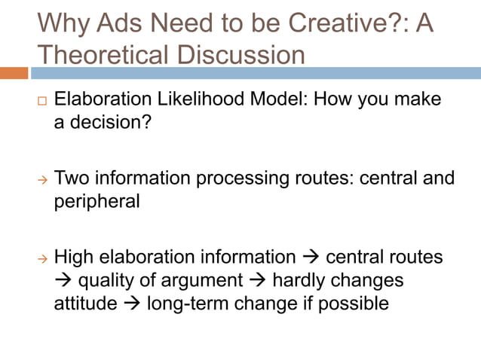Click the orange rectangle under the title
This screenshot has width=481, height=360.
click(x=14, y=73)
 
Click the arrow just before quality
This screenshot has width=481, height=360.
click(x=63, y=281)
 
